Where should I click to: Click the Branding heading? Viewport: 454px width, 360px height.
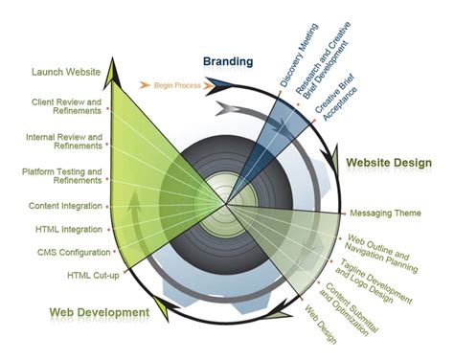tap(228, 62)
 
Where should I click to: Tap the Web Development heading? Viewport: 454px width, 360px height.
tap(100, 312)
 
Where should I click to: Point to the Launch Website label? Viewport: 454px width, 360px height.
tap(66, 72)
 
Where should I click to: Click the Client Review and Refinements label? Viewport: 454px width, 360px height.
tap(67, 106)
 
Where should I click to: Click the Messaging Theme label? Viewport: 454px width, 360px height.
tap(385, 213)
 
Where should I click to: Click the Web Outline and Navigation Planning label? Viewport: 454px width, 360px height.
tap(376, 251)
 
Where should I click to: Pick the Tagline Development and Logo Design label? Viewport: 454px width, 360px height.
tap(366, 277)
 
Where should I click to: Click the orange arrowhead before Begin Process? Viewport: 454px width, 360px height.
tap(145, 85)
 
